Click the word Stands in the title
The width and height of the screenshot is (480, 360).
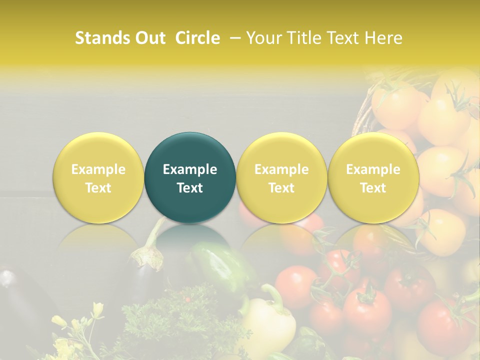(x=103, y=38)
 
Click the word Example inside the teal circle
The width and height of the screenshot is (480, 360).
(x=190, y=169)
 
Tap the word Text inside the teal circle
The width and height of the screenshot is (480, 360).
(x=190, y=188)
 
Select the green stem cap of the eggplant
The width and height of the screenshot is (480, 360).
(x=148, y=255)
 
